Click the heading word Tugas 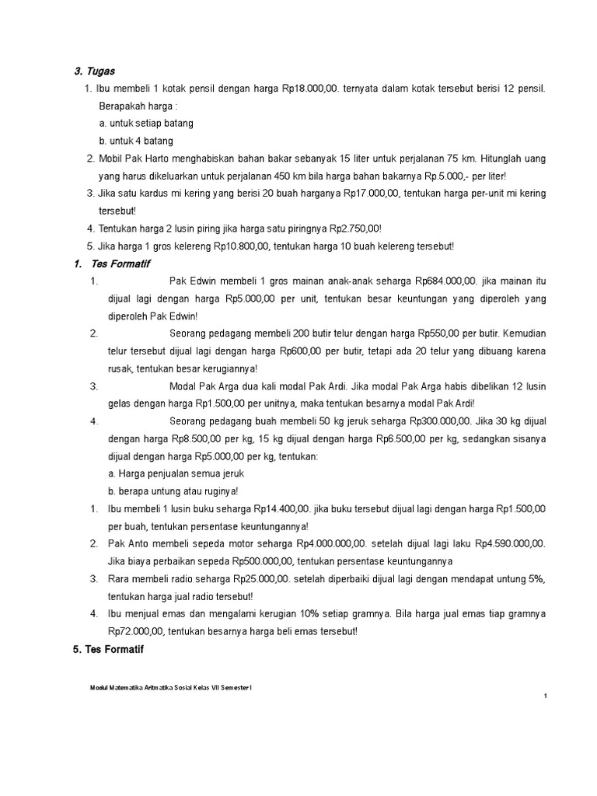pyautogui.click(x=101, y=72)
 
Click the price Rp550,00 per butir pyautogui.click(x=447, y=333)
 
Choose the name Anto pyautogui.click(x=138, y=544)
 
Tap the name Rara pyautogui.click(x=120, y=579)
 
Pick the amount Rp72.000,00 pyautogui.click(x=136, y=631)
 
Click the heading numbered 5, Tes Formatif pyautogui.click(x=108, y=649)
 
